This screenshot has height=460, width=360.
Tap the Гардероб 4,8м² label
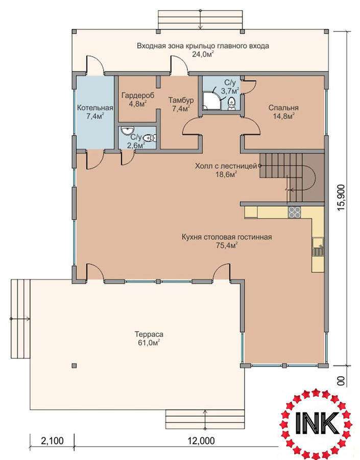(x=138, y=100)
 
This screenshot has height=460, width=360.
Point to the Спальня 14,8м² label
(x=283, y=112)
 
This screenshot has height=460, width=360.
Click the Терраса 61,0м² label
(x=149, y=338)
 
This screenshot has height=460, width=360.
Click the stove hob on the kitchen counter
(x=294, y=212)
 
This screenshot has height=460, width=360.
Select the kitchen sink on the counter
(x=318, y=247)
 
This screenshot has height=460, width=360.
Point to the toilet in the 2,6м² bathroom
(x=150, y=137)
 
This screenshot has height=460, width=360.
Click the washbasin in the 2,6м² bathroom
(x=127, y=130)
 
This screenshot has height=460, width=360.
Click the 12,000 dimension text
(x=201, y=441)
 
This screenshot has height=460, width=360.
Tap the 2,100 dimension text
(x=52, y=441)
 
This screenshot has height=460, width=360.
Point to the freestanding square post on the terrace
(x=74, y=365)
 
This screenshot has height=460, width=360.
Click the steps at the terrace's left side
(x=21, y=318)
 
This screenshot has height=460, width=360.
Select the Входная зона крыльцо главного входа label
(x=203, y=46)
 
